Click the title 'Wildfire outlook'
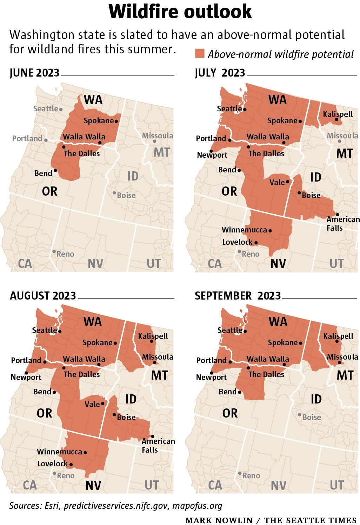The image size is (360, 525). pos(180,12)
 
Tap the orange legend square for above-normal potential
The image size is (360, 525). pos(200,54)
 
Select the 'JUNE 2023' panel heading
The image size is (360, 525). pos(34,73)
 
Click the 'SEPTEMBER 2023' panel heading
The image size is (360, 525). pos(238,296)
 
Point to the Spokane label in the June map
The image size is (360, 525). pos(99,121)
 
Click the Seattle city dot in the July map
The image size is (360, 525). pos(245,109)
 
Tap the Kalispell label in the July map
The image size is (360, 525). pos(338,114)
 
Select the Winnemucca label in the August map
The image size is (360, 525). pos(59,452)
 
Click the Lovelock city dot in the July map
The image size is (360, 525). pos(256,243)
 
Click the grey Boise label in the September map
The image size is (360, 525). pos(312,417)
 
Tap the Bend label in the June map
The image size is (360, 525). pos(43,173)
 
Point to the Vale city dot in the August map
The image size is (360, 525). pos(103,403)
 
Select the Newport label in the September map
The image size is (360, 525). pos(211,378)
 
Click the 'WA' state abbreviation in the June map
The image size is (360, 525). pos(93,100)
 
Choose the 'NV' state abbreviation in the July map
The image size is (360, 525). pos(278,263)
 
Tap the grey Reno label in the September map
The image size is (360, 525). pos(251,476)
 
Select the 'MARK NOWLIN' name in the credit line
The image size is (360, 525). pos(219,520)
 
